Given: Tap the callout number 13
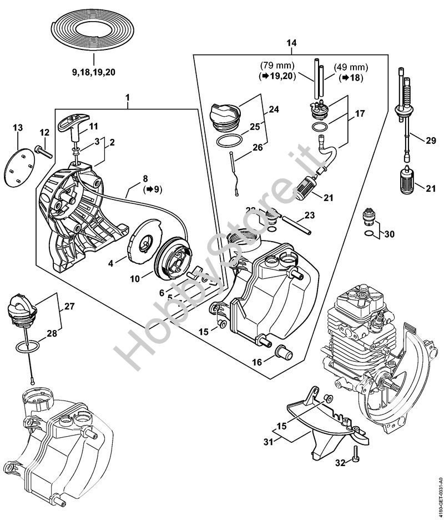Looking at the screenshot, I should point(18,128).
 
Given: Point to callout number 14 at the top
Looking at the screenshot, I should point(291,43).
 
